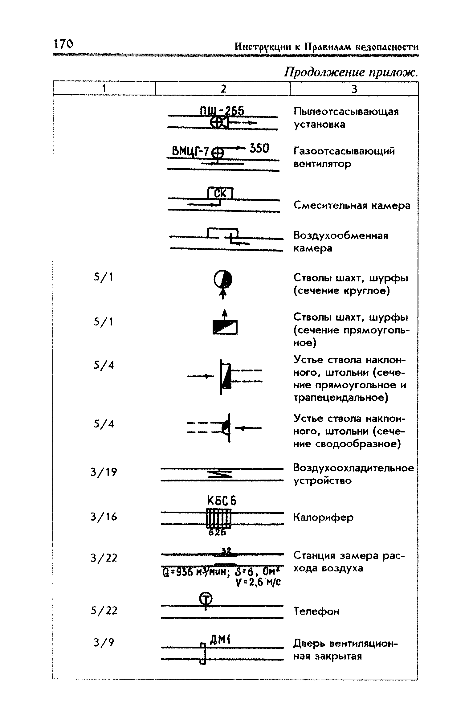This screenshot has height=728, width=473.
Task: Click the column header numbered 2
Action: click(x=223, y=89)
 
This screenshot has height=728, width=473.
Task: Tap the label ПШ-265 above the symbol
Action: click(x=222, y=111)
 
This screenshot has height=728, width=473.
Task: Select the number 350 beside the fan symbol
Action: click(x=259, y=149)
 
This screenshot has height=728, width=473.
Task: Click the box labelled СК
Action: click(x=220, y=193)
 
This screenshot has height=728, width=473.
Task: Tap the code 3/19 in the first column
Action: click(x=104, y=472)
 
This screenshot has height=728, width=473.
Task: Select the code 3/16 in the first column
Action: click(x=104, y=517)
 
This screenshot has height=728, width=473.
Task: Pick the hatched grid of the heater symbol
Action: click(x=218, y=518)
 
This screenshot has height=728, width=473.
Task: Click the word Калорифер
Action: click(x=323, y=517)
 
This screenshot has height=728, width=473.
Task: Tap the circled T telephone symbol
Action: click(x=206, y=598)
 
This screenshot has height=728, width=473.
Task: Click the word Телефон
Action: click(x=316, y=611)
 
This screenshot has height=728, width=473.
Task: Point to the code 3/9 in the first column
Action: click(x=104, y=643)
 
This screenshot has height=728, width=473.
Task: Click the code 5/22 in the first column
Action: click(x=104, y=611)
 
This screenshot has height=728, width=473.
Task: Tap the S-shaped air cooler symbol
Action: click(x=220, y=475)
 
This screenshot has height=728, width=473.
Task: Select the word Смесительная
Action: click(x=330, y=205)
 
